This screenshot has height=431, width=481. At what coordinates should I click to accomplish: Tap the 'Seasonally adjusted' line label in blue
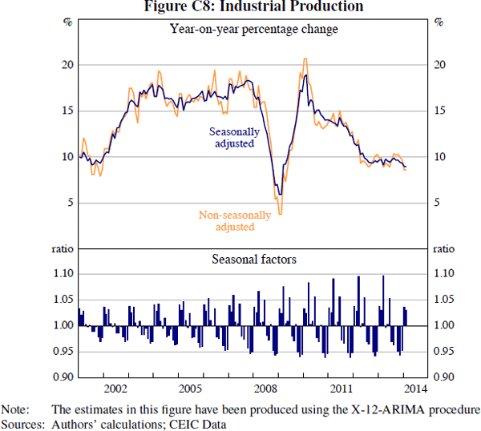coord(235,137)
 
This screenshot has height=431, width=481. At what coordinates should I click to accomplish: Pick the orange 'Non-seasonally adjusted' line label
coord(235,220)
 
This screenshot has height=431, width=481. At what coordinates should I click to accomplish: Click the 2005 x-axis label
coord(190,389)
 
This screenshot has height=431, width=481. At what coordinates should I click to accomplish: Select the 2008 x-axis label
coord(265,389)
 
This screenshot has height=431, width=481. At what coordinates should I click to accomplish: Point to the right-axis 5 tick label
coord(438,203)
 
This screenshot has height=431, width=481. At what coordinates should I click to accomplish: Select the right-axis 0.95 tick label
coord(444,351)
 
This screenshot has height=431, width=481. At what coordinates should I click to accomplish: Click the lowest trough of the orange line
coord(280,214)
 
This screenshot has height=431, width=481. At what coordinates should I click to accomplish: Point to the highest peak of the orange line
coord(305,58)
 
